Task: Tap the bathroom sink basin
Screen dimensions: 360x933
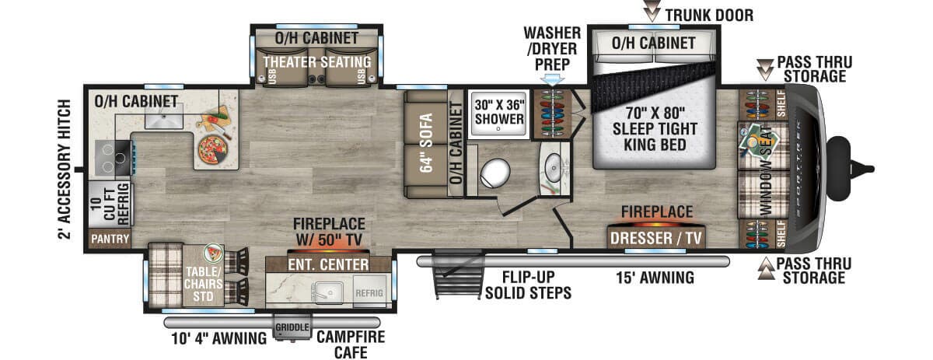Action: [554, 166]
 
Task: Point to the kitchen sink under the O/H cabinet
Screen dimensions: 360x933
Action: [164, 119]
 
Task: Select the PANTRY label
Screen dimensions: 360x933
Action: [110, 238]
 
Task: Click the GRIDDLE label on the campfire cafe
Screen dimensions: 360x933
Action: [292, 327]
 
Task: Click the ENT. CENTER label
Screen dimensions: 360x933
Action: [328, 265]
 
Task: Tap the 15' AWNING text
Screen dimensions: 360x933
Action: [655, 278]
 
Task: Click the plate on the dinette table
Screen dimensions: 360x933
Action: [212, 253]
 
